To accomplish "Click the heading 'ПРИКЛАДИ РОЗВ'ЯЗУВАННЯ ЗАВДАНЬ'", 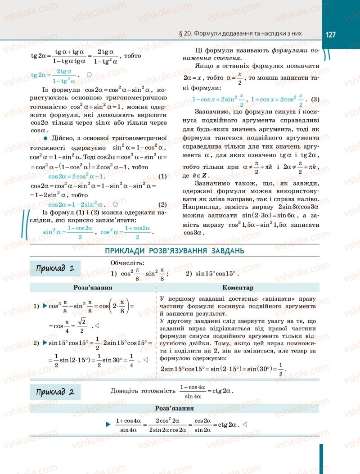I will [x=175, y=251].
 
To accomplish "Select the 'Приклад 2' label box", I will [x=55, y=392].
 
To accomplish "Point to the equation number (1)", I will [x=162, y=176].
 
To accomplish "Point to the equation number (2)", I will [x=162, y=203].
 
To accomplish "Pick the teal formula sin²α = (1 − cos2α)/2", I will [x=68, y=232].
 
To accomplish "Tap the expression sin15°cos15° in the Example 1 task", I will [x=211, y=273].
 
